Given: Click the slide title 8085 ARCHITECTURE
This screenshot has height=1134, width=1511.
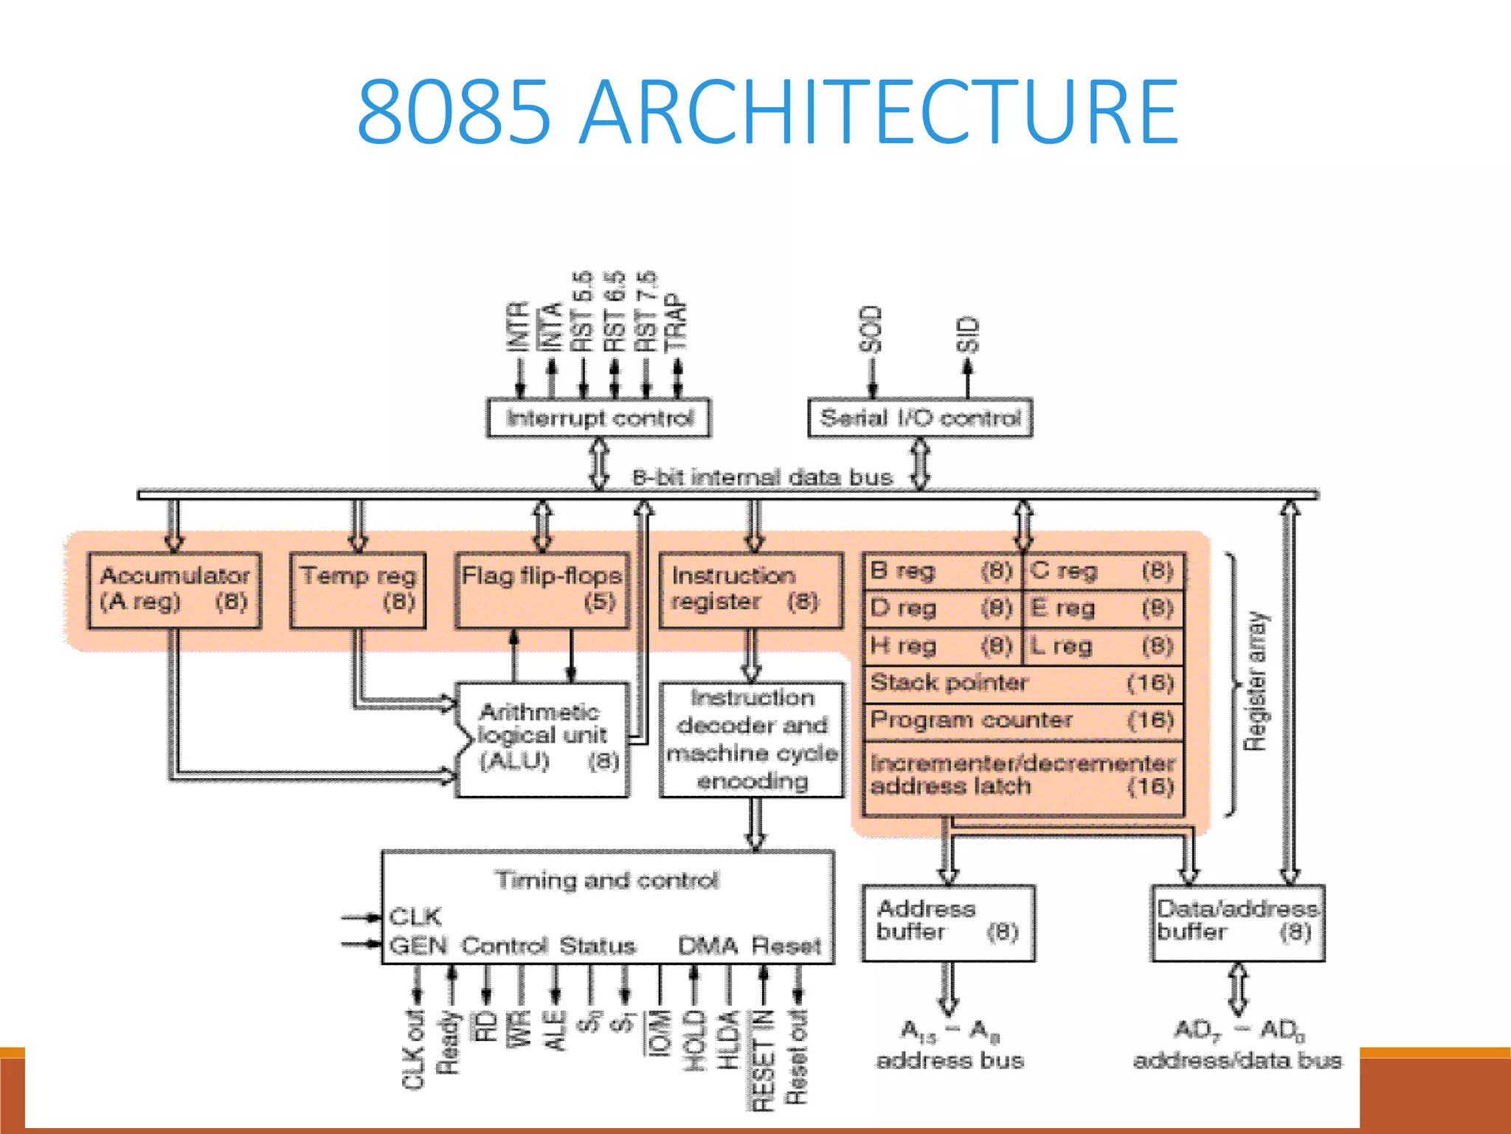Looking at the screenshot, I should pos(767,112).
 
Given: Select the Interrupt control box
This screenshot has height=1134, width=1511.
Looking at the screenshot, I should pos(599,419).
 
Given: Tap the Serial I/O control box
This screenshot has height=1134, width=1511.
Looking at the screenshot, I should pos(920,419).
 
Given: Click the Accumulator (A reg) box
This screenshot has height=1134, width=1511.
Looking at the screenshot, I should pos(174,590).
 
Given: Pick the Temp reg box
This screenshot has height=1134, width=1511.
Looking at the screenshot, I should pos(358,590).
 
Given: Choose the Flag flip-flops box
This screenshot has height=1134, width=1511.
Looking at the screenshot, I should pos(542,590).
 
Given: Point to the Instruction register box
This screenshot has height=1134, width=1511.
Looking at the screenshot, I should pos(751,590).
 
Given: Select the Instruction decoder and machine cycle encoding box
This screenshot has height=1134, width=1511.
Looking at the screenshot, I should pos(752,739).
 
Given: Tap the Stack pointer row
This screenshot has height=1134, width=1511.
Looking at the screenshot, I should pos(1023,684).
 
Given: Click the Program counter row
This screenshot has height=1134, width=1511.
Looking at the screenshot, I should pos(1023,721).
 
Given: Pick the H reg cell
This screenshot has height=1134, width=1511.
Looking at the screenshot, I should pos(941,647).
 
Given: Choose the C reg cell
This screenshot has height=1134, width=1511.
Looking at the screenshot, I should pos(1104,571).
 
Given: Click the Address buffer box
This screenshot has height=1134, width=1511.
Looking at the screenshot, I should pos(948,922).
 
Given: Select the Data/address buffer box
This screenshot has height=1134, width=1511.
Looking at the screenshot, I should pos(1237,922).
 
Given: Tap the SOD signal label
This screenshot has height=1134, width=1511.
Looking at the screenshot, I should pos(871,329).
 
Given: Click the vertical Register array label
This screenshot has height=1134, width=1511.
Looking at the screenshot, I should pos(1255,681).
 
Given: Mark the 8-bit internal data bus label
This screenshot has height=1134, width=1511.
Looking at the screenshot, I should pos(762,478).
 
